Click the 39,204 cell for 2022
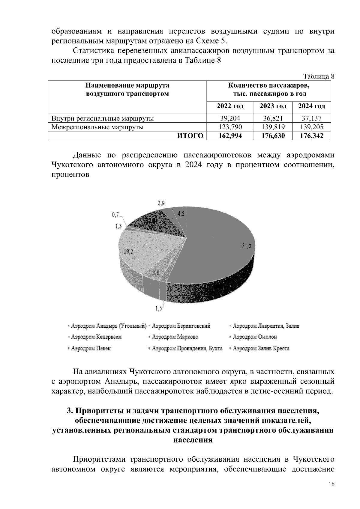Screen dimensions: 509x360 [x=230, y=118]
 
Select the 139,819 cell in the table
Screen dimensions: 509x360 [x=273, y=127]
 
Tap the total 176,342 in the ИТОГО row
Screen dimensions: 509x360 [x=312, y=136]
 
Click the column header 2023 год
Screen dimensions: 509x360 [x=273, y=106]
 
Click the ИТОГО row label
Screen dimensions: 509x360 [x=190, y=136]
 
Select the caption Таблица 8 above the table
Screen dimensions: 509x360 [x=319, y=76]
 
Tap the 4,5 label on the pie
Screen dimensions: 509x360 [x=181, y=213]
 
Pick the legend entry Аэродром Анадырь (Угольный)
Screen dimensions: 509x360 [x=108, y=326]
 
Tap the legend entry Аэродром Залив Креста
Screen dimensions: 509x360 [x=261, y=348]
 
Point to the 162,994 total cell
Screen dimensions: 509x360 [x=230, y=136]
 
